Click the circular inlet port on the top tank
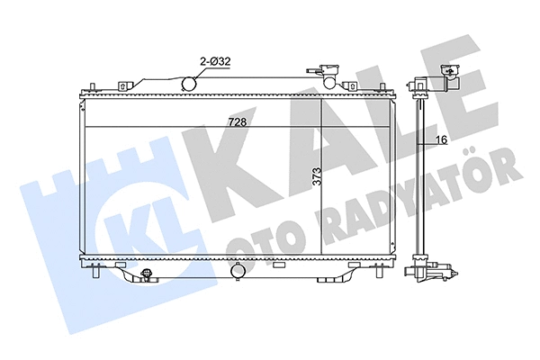point(190,84)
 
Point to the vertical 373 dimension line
point(322,175)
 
